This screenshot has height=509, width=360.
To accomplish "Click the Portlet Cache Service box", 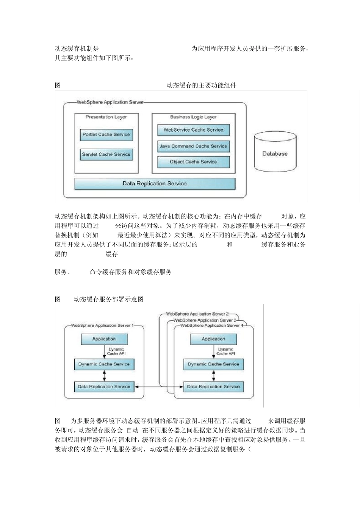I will tap(106, 135).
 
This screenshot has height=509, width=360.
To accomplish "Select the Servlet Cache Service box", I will tap(106, 155).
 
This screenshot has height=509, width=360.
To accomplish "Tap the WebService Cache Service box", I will tap(193, 130).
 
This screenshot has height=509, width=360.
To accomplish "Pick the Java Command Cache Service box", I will tap(193, 146).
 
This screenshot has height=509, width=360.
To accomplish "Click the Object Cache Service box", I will tap(193, 162).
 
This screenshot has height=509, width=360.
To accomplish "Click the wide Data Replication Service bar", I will tap(155, 184).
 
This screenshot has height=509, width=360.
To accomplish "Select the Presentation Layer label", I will tap(106, 117).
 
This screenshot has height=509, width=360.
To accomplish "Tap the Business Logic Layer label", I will tap(193, 117).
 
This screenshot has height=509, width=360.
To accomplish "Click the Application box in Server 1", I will tap(104, 339).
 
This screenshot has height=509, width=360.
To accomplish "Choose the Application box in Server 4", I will tap(213, 339).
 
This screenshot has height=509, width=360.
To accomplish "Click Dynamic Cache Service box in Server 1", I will tap(104, 364).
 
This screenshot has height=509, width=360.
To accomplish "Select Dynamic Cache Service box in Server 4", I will tap(213, 364).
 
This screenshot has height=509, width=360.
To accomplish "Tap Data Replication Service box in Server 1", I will tap(104, 387).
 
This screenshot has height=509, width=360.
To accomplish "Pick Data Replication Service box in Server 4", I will tap(213, 387).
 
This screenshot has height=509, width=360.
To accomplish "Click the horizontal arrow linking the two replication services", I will tap(159, 387).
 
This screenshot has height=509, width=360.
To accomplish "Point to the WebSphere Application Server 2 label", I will tap(197, 314).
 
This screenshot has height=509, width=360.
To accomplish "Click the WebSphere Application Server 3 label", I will tap(205, 320).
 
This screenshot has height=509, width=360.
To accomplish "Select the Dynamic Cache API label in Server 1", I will tap(116, 351).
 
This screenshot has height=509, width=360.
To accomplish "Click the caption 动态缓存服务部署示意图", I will tap(108, 299).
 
